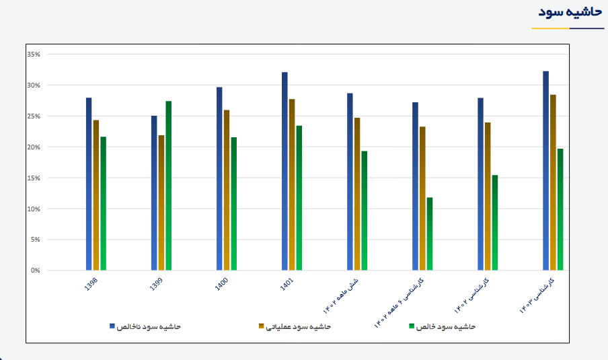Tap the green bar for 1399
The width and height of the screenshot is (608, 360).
click(169, 186)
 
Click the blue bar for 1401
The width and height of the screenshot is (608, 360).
click(284, 171)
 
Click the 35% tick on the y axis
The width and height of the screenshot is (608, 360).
click(34, 55)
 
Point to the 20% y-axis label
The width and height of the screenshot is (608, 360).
click(34, 147)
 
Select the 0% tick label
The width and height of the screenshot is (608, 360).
click(35, 271)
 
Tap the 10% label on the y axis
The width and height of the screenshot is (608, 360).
click(34, 209)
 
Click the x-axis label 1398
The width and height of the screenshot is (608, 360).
click(91, 285)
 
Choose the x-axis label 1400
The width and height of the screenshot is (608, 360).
click(222, 285)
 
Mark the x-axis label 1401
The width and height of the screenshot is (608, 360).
click(287, 285)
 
